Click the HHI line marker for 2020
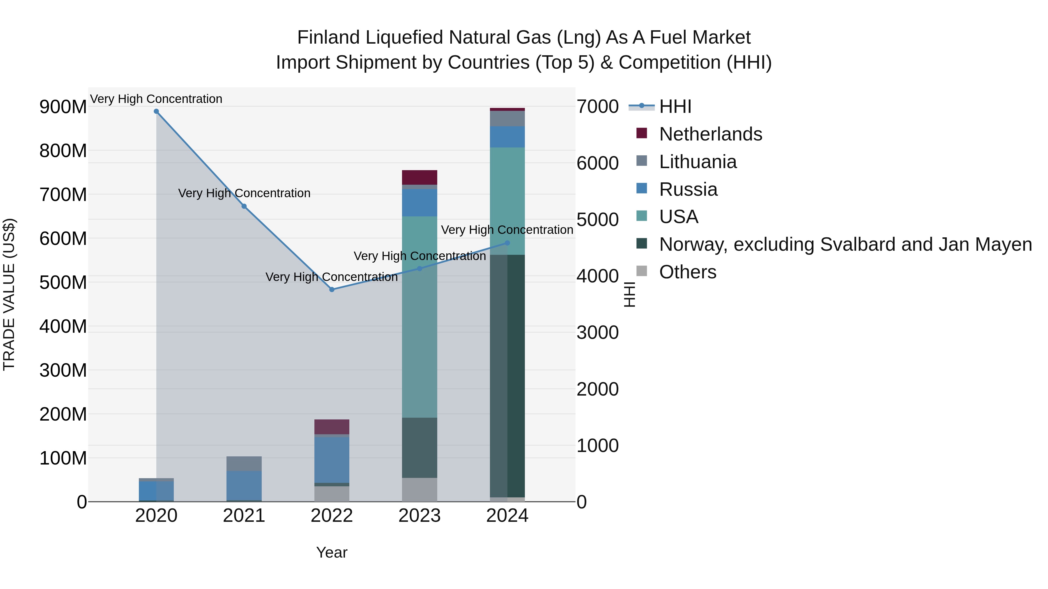pyautogui.click(x=156, y=111)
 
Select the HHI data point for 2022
pyautogui.click(x=332, y=289)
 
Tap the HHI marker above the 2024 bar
pyautogui.click(x=507, y=243)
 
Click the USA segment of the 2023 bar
pyautogui.click(x=419, y=317)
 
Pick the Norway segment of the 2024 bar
pyautogui.click(x=507, y=376)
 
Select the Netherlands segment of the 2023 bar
pyautogui.click(x=419, y=177)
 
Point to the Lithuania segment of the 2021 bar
pyautogui.click(x=244, y=463)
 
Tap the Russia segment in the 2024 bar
pyautogui.click(x=507, y=137)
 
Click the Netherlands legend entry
pyautogui.click(x=710, y=134)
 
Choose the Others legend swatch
pyautogui.click(x=642, y=271)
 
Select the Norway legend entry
pyautogui.click(x=845, y=244)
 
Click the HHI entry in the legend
pyautogui.click(x=675, y=106)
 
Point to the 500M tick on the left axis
pyautogui.click(x=63, y=282)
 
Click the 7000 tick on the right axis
pyautogui.click(x=598, y=106)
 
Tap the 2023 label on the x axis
pyautogui.click(x=419, y=516)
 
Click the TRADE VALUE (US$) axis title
pyautogui.click(x=9, y=294)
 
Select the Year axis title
pyautogui.click(x=332, y=552)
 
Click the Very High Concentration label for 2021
pyautogui.click(x=244, y=193)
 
